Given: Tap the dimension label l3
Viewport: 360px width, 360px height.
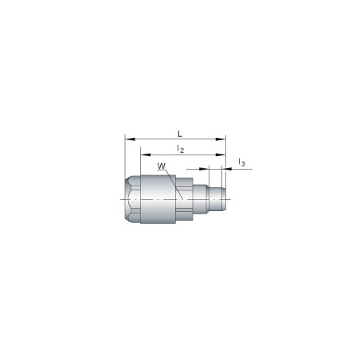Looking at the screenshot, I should click(241, 163).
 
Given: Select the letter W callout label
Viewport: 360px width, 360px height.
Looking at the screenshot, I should click(161, 166).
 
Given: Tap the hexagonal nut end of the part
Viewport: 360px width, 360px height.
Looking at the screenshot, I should click(132, 199).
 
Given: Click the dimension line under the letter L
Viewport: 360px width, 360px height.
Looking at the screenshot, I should click(176, 138).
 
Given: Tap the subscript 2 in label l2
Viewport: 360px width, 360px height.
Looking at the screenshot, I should click(182, 151).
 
